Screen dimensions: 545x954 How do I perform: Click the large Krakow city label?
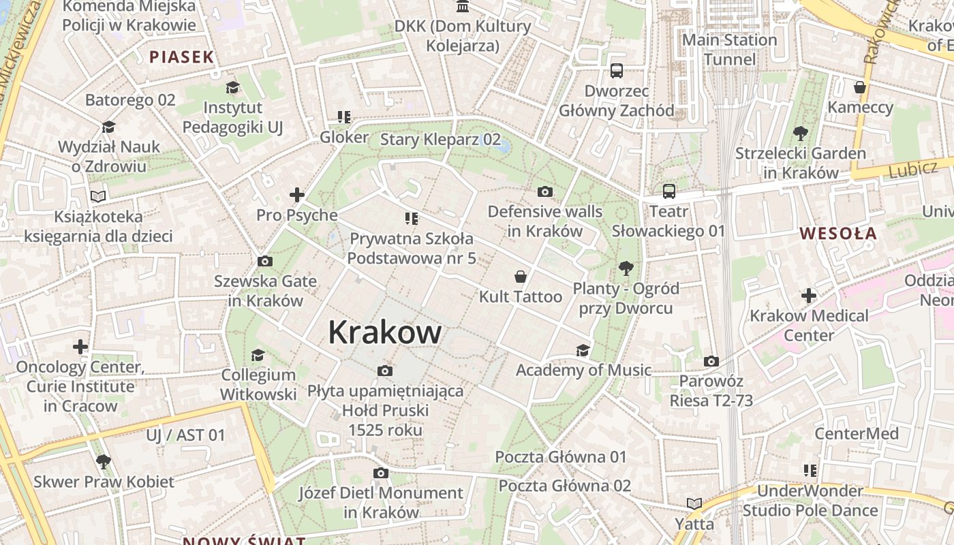tap(385, 332)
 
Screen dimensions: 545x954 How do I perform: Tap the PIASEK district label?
tap(182, 57)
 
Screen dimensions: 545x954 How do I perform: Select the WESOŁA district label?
tap(838, 234)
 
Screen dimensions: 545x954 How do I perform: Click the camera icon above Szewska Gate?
tap(265, 261)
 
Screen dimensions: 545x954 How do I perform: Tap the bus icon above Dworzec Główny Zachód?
tap(617, 70)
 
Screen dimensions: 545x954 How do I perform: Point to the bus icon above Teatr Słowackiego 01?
tap(669, 191)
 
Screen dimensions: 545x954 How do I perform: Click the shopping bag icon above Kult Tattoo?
tap(521, 277)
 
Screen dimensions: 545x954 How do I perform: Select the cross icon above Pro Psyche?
tap(297, 195)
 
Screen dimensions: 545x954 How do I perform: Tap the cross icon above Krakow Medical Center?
tap(809, 296)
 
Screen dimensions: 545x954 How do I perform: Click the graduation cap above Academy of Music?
tap(583, 350)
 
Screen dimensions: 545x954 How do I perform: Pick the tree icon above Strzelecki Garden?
tap(800, 134)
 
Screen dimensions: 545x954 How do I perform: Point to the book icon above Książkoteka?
tap(99, 197)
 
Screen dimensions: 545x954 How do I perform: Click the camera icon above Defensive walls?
tap(545, 191)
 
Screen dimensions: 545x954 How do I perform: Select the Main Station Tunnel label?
tap(730, 50)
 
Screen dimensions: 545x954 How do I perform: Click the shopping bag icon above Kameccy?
tap(860, 87)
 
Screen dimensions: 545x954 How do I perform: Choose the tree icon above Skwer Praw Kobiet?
tap(104, 462)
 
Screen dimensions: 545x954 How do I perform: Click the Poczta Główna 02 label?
tap(565, 486)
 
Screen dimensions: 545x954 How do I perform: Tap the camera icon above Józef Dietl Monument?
tap(381, 473)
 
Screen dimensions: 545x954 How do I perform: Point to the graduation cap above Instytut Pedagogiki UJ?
tap(232, 87)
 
